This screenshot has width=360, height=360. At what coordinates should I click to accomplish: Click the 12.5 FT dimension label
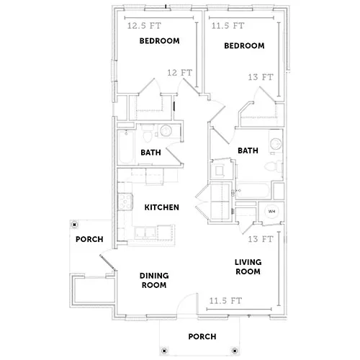[144, 26]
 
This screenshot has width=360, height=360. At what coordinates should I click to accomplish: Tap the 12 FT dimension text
[180, 73]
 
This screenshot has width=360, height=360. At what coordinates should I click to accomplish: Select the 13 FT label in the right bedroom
[261, 77]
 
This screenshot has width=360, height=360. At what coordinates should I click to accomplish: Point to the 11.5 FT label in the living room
[225, 301]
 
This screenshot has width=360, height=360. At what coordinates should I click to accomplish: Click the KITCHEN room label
[162, 207]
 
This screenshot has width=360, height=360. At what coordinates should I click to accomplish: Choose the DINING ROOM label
[154, 280]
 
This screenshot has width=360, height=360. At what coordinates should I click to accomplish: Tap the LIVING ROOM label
[248, 267]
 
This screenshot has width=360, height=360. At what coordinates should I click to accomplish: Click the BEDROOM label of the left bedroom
[160, 41]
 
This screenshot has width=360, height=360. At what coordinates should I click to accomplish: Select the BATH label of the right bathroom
[248, 150]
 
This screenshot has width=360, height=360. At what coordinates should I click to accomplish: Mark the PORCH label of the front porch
[202, 337]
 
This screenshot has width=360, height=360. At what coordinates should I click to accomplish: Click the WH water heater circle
[271, 212]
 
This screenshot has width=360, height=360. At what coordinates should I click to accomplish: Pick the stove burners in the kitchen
[125, 202]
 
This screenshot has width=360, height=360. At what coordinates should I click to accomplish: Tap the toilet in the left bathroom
[147, 135]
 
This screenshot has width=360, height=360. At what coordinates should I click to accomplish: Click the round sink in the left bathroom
[166, 131]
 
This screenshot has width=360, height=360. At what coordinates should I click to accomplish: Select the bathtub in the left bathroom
[126, 148]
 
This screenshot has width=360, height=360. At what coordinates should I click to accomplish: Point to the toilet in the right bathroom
[274, 166]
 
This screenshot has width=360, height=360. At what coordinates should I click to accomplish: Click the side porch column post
[75, 225]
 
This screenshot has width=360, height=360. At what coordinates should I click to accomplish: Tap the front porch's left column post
[164, 351]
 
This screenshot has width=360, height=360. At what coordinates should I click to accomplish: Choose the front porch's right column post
[235, 351]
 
